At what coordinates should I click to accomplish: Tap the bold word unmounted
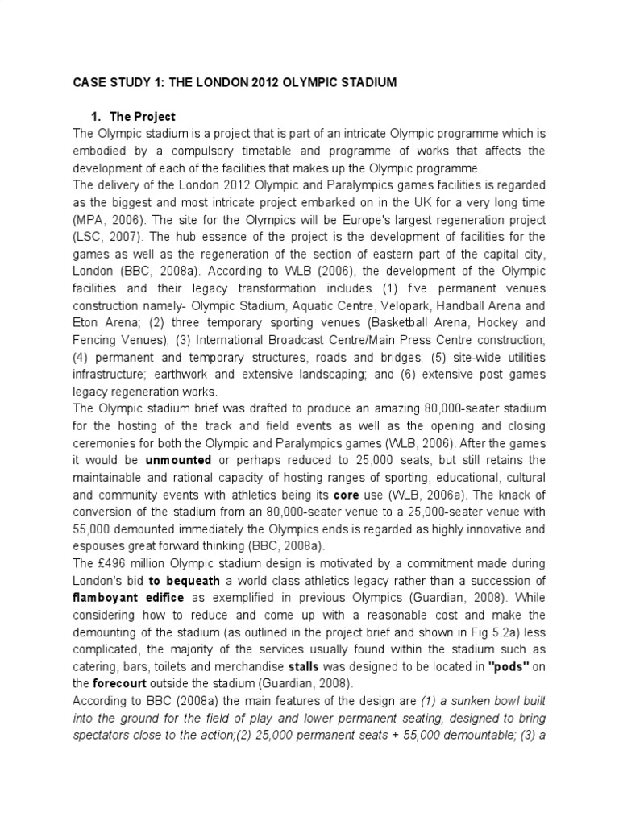coord(178,459)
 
